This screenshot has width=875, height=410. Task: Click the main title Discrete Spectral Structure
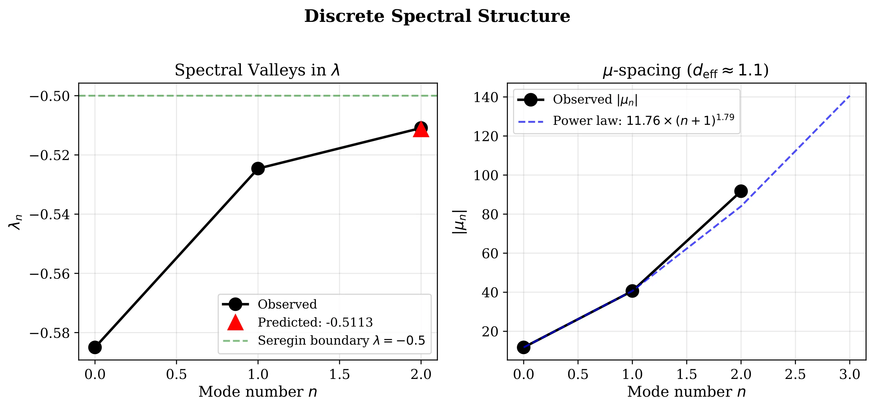pos(437,16)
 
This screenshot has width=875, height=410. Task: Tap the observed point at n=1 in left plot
pos(258,168)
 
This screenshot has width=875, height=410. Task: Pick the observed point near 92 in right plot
pos(741,191)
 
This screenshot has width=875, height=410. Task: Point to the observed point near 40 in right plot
pos(632,291)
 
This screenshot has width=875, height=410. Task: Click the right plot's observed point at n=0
pos(523,347)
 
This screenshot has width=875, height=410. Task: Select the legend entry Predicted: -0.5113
pos(315,322)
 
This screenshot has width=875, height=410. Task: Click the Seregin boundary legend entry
pos(341,340)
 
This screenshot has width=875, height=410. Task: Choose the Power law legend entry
pos(643,120)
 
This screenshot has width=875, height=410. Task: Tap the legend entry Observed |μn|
pos(595,99)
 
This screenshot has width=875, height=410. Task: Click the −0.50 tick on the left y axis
pos(50,96)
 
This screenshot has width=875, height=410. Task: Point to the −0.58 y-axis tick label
pos(50,333)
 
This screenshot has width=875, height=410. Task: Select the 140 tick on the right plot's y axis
pos(486,98)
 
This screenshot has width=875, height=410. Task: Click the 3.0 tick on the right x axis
pos(850,375)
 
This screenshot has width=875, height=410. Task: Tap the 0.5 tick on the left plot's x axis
pos(176,375)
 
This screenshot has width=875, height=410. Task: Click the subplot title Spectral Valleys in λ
pos(257,70)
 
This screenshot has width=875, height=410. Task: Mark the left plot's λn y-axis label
pos(15,222)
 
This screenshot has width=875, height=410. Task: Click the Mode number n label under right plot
pos(686,392)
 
